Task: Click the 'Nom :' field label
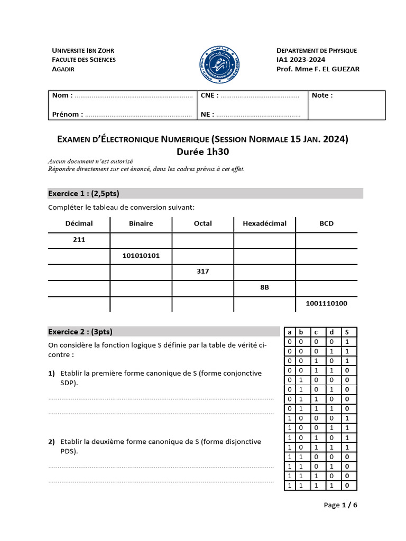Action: (x=62, y=96)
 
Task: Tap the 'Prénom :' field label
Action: (x=68, y=114)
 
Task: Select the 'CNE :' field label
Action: (x=209, y=96)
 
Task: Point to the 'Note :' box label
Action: (x=322, y=96)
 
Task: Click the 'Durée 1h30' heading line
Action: (x=203, y=152)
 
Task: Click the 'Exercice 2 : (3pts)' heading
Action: (x=80, y=332)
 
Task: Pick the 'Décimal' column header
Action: (x=79, y=223)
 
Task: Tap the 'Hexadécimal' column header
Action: (x=264, y=223)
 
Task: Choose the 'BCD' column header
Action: (x=326, y=223)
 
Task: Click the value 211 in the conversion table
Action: (x=79, y=240)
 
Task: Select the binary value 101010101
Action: (x=141, y=256)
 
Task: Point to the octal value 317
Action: (x=202, y=272)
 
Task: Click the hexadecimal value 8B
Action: (x=264, y=288)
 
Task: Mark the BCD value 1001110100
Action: (x=326, y=304)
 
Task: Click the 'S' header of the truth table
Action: (x=347, y=332)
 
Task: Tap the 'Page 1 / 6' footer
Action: (x=340, y=505)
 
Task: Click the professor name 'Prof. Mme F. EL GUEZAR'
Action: (x=314, y=69)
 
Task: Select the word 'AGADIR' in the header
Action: (x=63, y=69)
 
